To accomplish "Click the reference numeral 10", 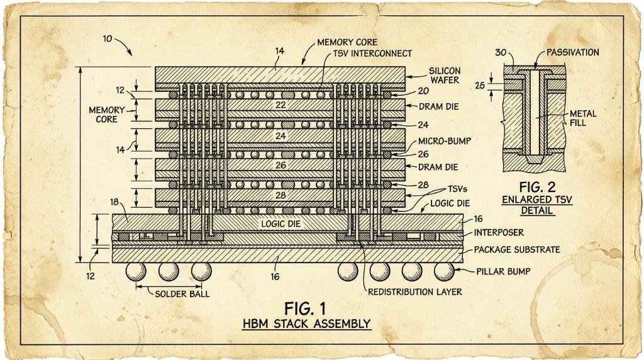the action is (x=108, y=40).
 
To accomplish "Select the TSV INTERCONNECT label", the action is (x=372, y=53).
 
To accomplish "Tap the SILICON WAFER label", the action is (x=445, y=75).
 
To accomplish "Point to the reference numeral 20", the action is (x=423, y=91).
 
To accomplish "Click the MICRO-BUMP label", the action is (x=445, y=142).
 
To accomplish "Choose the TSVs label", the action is (x=457, y=189).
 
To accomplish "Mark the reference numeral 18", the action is (x=114, y=202).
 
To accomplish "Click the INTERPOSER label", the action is (x=499, y=233).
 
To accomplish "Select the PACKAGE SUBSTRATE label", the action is (x=517, y=250).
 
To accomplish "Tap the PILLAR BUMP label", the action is (x=503, y=271).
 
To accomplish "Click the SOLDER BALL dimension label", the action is (x=182, y=294).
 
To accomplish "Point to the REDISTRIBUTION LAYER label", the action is (x=415, y=292).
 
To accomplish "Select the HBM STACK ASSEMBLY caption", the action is (x=306, y=324).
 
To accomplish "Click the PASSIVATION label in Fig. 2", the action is (x=572, y=53).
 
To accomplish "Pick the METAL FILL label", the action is (x=583, y=118).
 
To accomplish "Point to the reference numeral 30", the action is (x=501, y=53).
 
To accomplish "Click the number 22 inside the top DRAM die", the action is (x=280, y=105).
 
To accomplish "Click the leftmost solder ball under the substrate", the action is (x=136, y=271).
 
